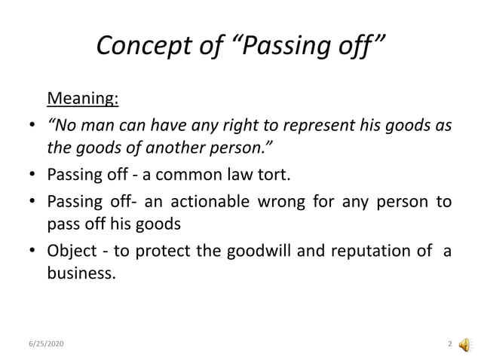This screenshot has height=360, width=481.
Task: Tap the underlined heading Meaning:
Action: [83, 99]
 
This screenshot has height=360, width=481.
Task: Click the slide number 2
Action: [450, 344]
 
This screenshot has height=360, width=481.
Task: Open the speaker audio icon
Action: [465, 343]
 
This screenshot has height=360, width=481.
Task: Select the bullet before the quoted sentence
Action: [30, 126]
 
